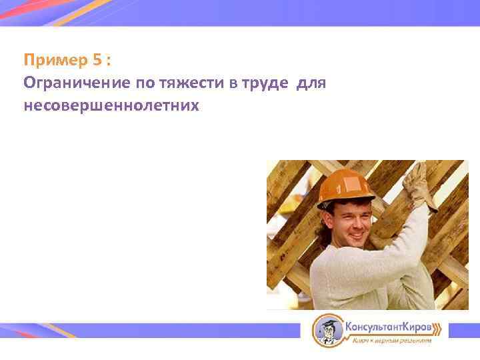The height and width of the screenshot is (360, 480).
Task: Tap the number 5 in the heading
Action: (x=98, y=61)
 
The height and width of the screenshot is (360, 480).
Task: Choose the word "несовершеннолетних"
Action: (x=111, y=105)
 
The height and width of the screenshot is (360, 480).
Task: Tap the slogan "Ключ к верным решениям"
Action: (x=392, y=341)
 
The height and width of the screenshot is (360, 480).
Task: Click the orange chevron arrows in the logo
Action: (x=437, y=328)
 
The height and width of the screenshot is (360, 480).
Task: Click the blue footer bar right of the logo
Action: (x=463, y=329)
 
